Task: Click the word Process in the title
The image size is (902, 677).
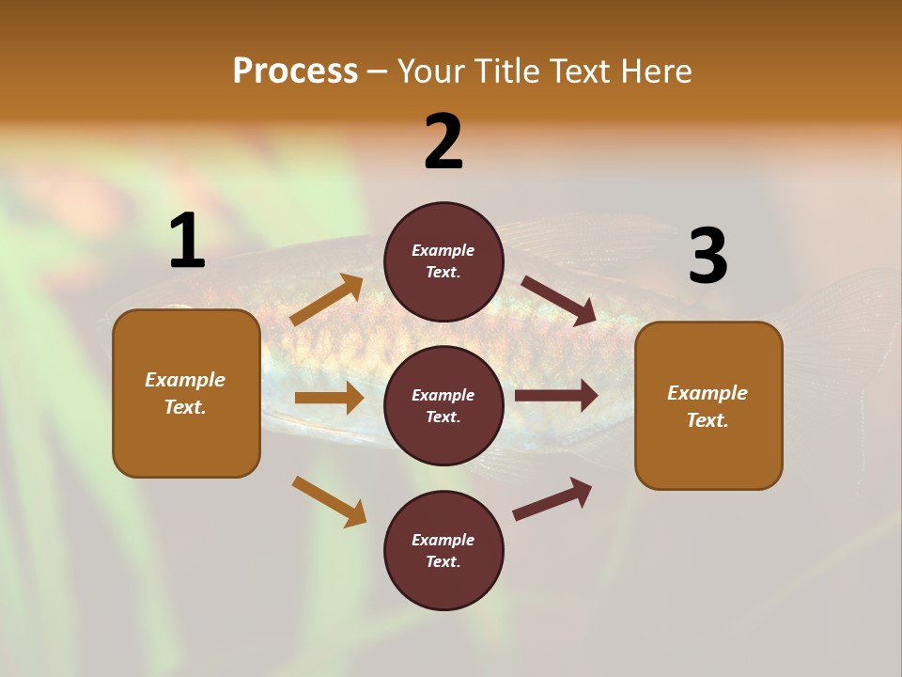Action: [295, 71]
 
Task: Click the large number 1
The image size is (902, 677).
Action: [187, 242]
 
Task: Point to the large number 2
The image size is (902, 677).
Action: [443, 142]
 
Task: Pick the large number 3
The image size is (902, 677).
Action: [708, 257]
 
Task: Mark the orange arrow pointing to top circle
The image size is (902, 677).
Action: [327, 300]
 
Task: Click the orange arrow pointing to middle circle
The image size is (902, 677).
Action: [329, 398]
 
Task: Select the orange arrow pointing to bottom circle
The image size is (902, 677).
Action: [329, 500]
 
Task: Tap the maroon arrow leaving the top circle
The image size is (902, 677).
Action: [559, 300]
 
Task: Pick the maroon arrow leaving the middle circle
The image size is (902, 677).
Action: [556, 396]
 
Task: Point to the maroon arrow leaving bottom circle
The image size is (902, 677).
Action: [552, 499]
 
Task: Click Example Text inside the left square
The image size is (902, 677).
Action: [185, 393]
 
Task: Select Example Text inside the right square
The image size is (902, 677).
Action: [708, 406]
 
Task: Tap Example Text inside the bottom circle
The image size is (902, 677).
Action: [443, 551]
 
